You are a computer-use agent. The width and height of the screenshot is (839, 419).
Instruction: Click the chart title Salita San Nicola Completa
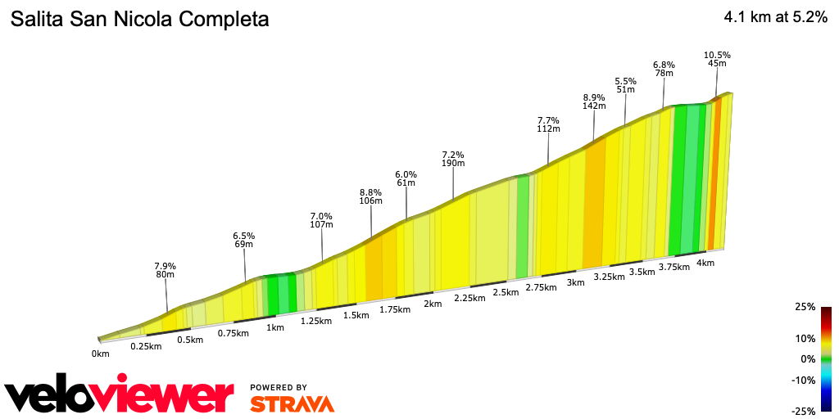coord(139,20)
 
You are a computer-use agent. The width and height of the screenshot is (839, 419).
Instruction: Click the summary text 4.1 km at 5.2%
coord(775,18)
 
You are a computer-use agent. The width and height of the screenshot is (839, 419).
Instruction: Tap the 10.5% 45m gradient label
coord(717,61)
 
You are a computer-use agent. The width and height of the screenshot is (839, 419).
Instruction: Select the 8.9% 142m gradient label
coord(593,101)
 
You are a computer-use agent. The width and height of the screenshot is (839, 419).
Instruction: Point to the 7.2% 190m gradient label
coord(453,158)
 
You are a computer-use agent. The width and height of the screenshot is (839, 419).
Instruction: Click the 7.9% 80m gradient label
coord(166,270)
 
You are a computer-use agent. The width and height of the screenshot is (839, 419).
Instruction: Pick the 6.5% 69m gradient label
coord(244,239)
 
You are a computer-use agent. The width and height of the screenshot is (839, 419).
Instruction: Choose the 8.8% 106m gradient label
coord(371,196)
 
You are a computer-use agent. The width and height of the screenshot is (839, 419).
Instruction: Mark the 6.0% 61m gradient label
coord(406,178)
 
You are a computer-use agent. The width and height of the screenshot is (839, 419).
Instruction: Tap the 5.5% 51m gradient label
coord(625,86)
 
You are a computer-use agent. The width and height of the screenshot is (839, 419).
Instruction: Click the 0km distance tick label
coord(101,354)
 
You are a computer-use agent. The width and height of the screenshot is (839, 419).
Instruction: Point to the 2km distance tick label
coord(433,304)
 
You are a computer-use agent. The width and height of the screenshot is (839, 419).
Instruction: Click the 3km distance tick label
coord(575,282)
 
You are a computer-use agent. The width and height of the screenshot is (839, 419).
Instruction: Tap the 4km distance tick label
coord(705,263)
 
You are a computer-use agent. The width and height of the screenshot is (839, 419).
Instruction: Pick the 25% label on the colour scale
coord(804,307)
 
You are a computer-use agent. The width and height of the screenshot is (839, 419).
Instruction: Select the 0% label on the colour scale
coord(807,359)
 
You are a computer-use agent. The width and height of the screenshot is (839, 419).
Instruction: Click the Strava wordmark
coord(292,403)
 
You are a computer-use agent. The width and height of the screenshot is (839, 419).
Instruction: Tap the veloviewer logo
coord(120,396)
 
